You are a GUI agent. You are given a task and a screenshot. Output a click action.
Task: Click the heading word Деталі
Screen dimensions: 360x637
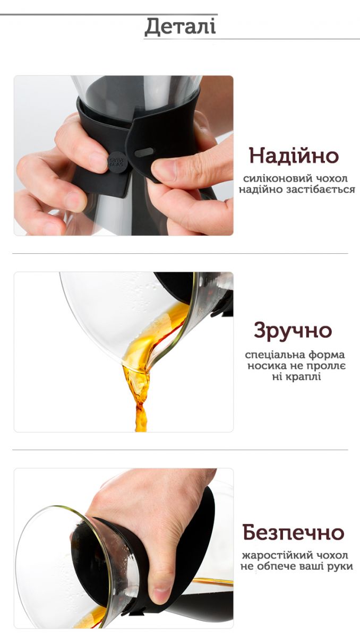[180, 27]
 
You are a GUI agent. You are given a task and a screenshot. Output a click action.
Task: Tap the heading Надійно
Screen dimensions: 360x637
[294, 156]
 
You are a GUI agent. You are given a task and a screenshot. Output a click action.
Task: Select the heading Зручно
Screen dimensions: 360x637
[293, 330]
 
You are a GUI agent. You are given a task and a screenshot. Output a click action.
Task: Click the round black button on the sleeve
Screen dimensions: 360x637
[116, 163]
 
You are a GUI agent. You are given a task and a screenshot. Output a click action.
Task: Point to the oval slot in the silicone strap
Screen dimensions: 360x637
[144, 152]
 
